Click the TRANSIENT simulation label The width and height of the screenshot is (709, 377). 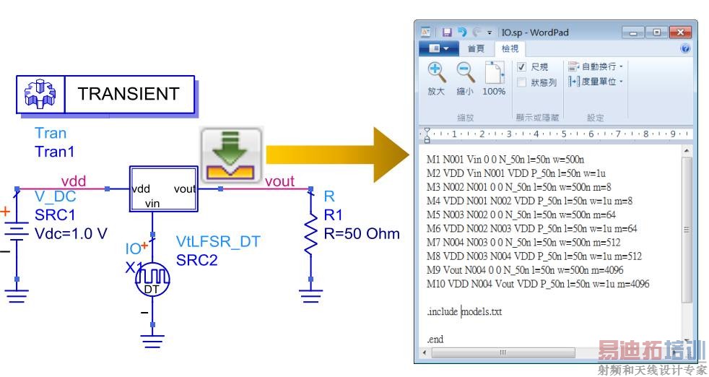(129, 94)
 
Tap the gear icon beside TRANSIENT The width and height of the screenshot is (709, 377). (40, 94)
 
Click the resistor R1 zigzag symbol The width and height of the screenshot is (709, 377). (310, 235)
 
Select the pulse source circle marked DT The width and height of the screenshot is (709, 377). (152, 279)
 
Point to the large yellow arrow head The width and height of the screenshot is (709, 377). (391, 155)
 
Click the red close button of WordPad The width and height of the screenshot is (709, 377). (679, 32)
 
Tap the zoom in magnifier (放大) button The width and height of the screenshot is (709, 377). (436, 79)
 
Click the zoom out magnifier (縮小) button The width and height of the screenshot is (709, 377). (465, 79)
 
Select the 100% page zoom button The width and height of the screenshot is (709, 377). (494, 79)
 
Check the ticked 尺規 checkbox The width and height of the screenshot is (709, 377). (521, 67)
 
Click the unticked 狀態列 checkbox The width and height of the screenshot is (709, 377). (521, 82)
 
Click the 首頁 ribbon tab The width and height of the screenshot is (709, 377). (476, 48)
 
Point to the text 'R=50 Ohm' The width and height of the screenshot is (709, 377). (362, 233)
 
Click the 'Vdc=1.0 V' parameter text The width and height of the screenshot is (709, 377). (71, 233)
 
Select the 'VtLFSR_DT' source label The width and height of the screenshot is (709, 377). (218, 241)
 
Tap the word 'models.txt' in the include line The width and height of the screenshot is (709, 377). (482, 311)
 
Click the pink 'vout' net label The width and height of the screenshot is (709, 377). (279, 181)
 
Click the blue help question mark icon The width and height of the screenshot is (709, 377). (685, 48)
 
